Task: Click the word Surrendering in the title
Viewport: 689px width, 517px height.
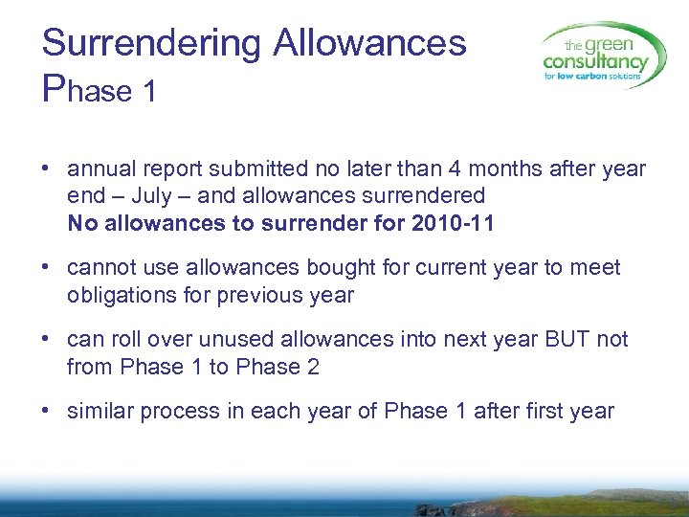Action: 151,43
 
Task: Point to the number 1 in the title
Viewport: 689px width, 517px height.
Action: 148,91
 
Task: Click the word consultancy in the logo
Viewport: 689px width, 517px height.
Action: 595,63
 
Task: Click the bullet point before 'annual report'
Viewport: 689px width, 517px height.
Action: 46,170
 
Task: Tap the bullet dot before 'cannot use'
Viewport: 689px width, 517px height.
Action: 46,268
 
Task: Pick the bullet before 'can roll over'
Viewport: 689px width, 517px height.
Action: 46,340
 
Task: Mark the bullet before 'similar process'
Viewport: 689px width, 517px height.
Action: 46,412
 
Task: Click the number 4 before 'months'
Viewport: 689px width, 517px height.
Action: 428,169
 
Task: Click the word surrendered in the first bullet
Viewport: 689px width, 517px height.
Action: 422,196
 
